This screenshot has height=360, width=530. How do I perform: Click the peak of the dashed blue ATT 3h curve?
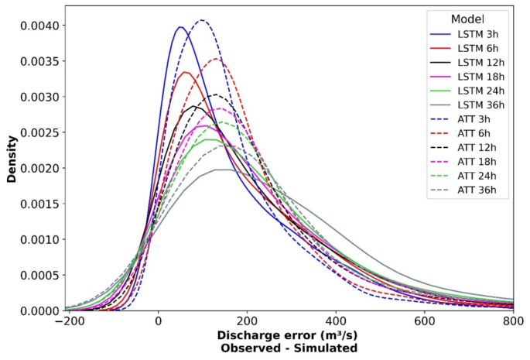(201, 20)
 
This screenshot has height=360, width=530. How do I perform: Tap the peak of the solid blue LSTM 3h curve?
(180, 27)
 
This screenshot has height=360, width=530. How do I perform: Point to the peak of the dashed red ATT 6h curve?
(217, 58)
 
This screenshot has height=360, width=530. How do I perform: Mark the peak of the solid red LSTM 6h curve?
(184, 72)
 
